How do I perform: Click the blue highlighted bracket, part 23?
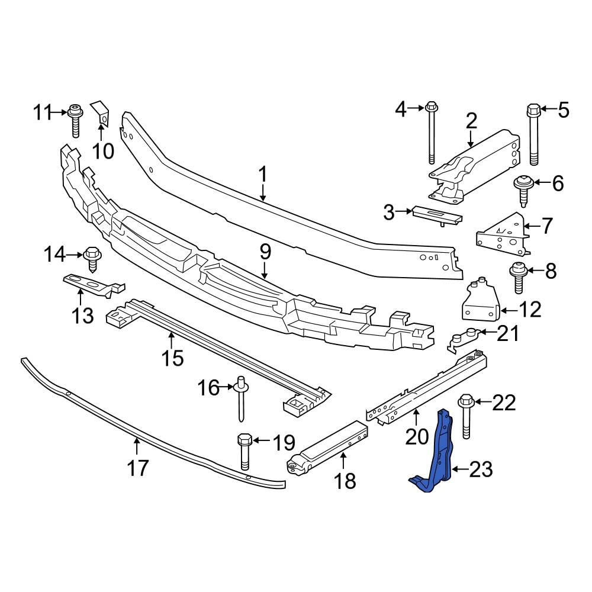click(440, 456)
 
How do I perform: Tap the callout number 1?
click(263, 175)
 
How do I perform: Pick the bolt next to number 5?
click(533, 136)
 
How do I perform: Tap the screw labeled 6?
click(523, 188)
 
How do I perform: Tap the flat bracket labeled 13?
click(89, 284)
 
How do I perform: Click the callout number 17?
click(138, 468)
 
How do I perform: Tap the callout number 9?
click(265, 253)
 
